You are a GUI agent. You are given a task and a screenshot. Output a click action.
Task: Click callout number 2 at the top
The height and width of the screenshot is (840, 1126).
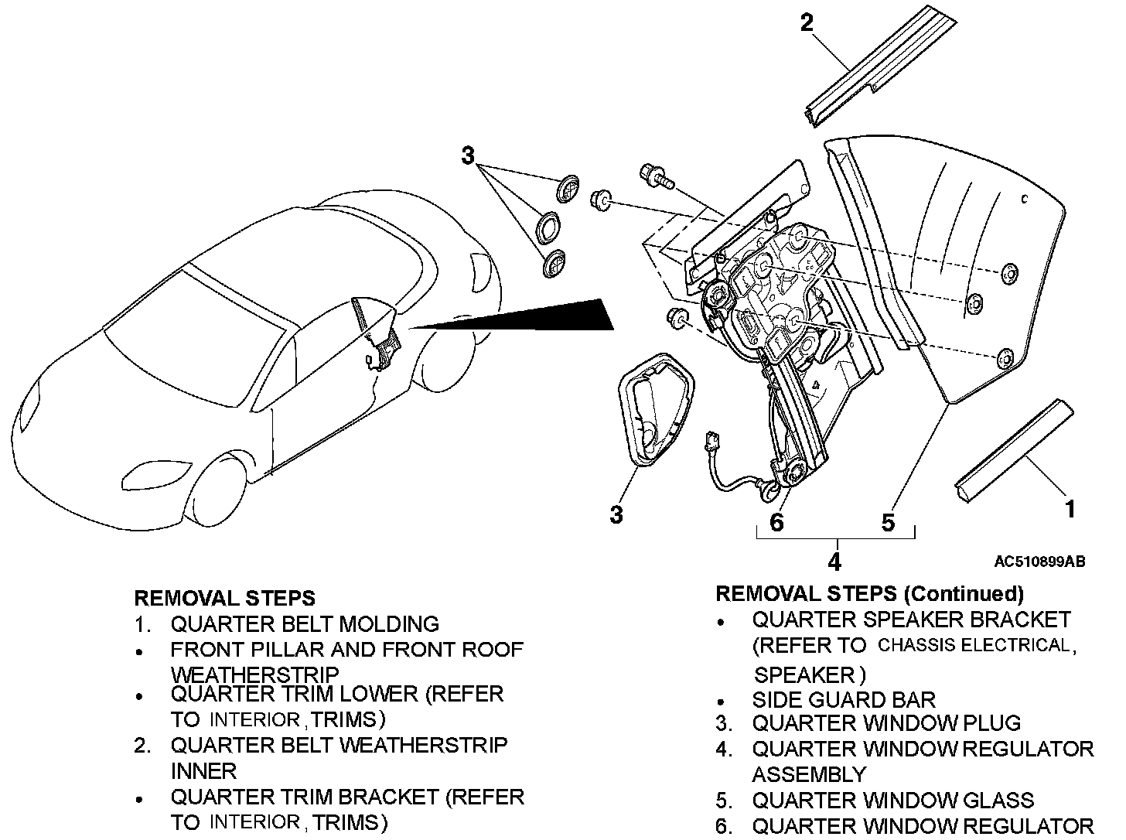click(x=807, y=23)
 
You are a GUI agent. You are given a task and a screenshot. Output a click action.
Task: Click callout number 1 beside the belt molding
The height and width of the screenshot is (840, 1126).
click(x=1070, y=509)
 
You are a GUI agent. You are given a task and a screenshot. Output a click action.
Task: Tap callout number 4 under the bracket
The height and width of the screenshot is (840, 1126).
click(x=834, y=561)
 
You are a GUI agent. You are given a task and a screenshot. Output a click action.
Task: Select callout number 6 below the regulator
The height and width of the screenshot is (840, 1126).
click(x=776, y=522)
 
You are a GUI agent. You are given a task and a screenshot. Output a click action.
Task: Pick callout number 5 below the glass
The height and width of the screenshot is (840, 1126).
click(x=888, y=522)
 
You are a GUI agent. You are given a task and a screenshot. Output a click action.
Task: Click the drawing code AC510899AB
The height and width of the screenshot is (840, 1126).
click(x=1039, y=562)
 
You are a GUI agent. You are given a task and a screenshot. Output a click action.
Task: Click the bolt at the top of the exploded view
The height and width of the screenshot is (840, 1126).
click(x=653, y=176)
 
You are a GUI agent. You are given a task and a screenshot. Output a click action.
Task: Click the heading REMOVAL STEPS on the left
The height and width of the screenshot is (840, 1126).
click(x=224, y=598)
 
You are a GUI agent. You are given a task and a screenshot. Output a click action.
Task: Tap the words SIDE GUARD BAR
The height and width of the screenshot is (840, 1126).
click(x=843, y=700)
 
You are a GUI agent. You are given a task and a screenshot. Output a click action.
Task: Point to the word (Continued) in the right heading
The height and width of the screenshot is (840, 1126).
click(x=964, y=593)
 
